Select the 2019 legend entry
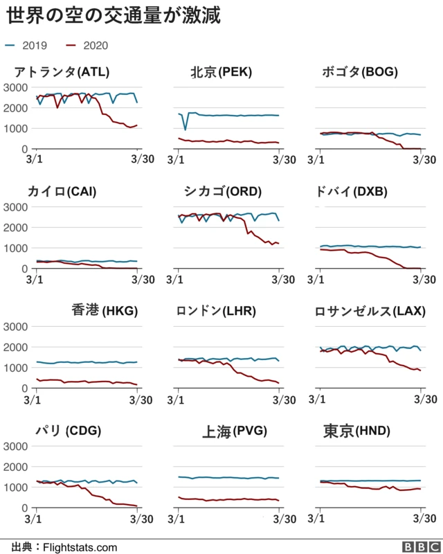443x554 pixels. (x=26, y=46)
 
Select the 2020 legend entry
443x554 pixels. (x=87, y=46)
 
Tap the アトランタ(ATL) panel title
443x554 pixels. (x=62, y=72)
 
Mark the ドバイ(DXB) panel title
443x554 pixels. (x=359, y=191)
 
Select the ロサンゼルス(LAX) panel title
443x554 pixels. (x=370, y=311)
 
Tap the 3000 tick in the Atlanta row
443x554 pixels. (x=15, y=87)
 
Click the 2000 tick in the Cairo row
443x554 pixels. (x=15, y=227)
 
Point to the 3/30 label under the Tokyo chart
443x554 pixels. (x=422, y=518)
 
